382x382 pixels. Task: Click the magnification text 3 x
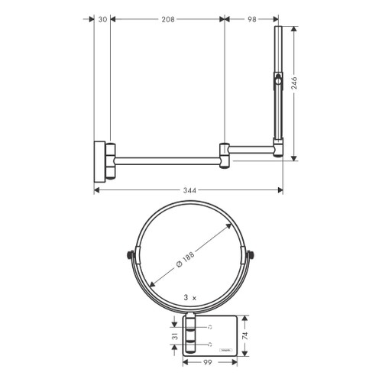click(x=191, y=296)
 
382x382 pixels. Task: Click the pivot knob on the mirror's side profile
click(x=280, y=80)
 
